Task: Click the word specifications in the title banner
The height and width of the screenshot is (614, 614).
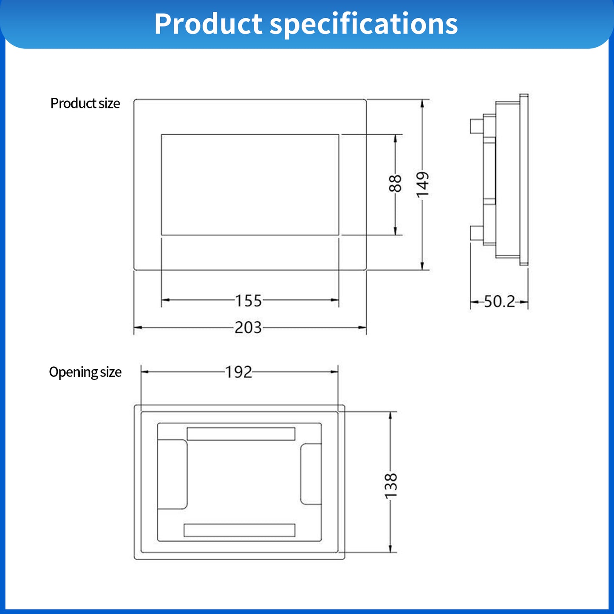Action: (364, 24)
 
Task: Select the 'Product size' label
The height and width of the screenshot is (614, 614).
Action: (85, 103)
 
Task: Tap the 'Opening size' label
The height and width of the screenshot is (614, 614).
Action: (85, 372)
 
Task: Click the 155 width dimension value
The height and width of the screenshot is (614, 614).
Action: (249, 301)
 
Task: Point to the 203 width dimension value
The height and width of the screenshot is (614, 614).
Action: (248, 328)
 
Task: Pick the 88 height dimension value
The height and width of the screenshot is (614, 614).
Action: (395, 184)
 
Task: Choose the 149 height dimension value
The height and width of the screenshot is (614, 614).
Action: (422, 184)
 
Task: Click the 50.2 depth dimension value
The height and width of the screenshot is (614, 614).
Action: (499, 302)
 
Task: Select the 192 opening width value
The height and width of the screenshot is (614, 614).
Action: (238, 372)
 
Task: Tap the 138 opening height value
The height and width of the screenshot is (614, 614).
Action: (390, 486)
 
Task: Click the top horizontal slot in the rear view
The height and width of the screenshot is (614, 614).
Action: (241, 434)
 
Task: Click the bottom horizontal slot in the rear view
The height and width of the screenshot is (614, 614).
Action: (239, 530)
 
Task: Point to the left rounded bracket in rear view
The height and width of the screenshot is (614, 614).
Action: (173, 474)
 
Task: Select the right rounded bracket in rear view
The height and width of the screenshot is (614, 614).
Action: (311, 474)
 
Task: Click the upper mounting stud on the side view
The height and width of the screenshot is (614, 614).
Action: (476, 126)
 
